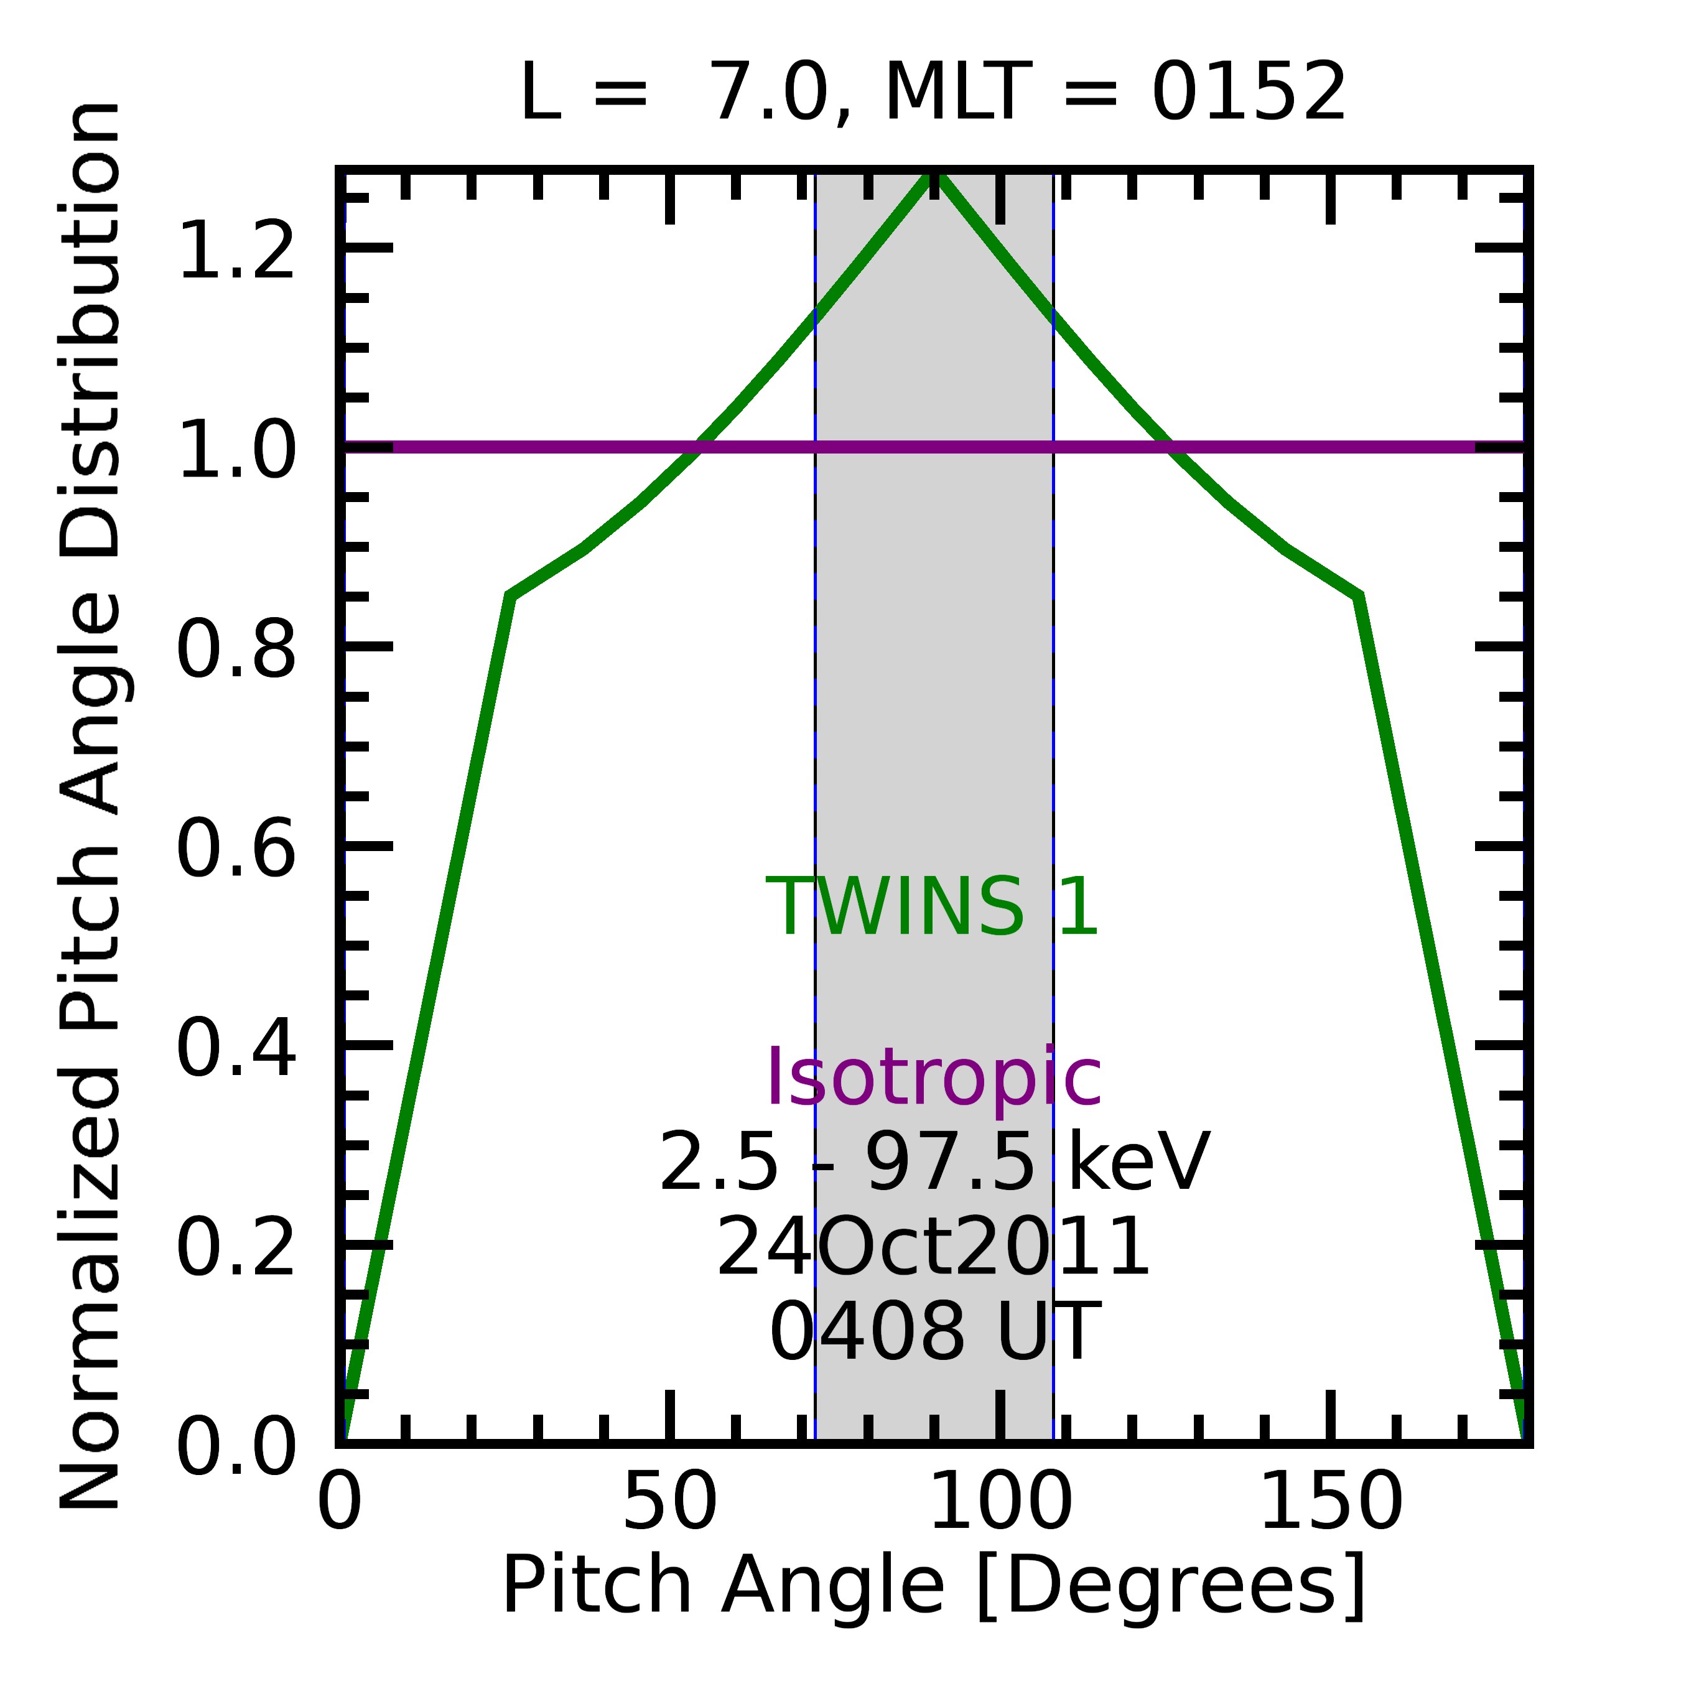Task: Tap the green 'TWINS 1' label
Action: pyautogui.click(x=932, y=908)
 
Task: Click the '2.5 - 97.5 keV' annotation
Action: pyautogui.click(x=934, y=1163)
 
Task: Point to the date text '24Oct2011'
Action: pyautogui.click(x=934, y=1248)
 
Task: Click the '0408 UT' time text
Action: pyautogui.click(x=934, y=1333)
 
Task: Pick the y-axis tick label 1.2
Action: pyautogui.click(x=236, y=251)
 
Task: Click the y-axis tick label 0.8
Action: pyautogui.click(x=236, y=649)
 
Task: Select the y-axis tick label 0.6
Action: pyautogui.click(x=236, y=849)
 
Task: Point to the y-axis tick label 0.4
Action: pyautogui.click(x=236, y=1048)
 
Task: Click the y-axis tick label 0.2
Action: pyautogui.click(x=236, y=1247)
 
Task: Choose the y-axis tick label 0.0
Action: pyautogui.click(x=236, y=1446)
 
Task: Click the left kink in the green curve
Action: pyautogui.click(x=511, y=596)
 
